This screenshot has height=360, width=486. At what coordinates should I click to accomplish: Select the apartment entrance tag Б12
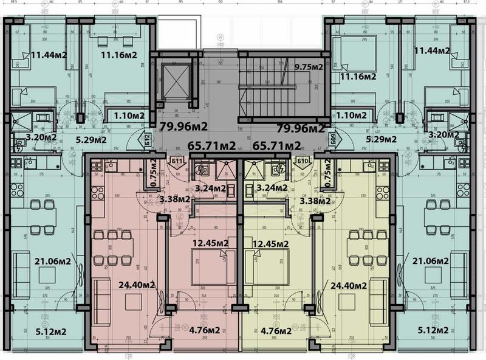[148, 139]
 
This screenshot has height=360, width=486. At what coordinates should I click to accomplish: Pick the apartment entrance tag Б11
[177, 161]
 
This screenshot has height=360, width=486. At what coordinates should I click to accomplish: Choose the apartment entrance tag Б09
[332, 139]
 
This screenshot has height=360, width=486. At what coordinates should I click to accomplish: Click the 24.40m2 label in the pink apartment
[137, 285]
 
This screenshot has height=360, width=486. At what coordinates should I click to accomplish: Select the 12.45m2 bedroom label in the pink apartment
[210, 244]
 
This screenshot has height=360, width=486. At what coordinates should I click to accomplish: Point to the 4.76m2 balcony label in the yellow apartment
[270, 331]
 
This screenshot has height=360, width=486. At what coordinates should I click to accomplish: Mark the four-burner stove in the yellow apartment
[383, 193]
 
